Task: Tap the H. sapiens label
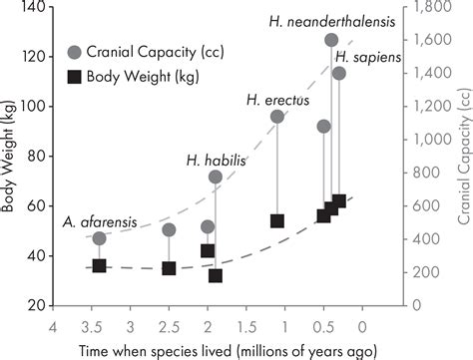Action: (x=367, y=56)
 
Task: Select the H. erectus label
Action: (x=278, y=99)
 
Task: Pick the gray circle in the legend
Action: (x=74, y=52)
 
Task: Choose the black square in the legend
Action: (x=74, y=75)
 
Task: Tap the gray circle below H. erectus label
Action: (x=277, y=117)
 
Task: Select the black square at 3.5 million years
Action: (x=99, y=266)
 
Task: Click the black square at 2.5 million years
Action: (x=169, y=268)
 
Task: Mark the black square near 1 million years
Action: (x=277, y=221)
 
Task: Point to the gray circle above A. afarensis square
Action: (x=99, y=238)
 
